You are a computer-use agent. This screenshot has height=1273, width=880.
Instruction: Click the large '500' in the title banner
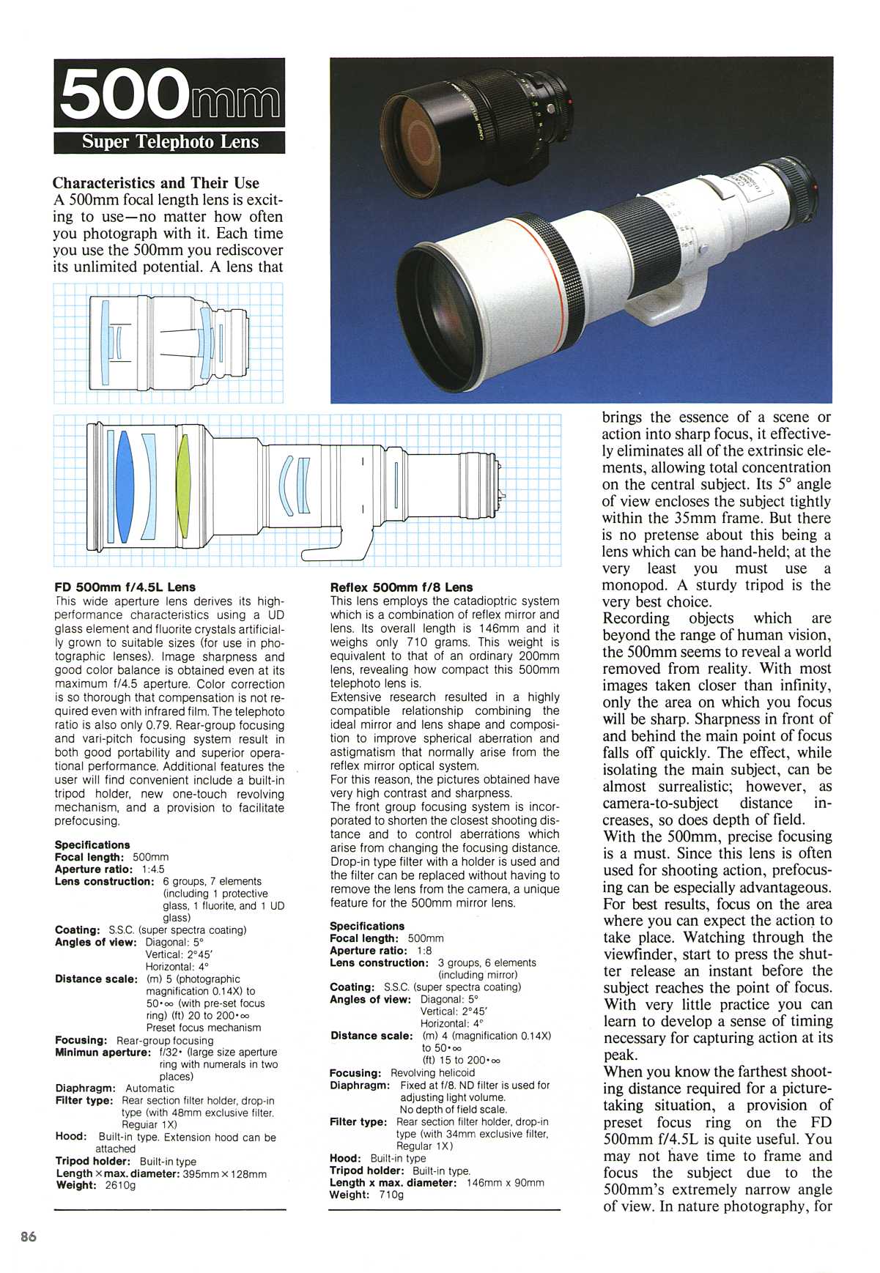(121, 94)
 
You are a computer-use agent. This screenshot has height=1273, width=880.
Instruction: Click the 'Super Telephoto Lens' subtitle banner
(170, 141)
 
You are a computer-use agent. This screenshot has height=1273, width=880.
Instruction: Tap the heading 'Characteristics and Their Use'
(156, 183)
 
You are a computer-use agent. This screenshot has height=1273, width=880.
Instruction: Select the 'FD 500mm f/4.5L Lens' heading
(125, 587)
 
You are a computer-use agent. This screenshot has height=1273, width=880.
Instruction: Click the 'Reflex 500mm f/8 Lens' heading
(402, 587)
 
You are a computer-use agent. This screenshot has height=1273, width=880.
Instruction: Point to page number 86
(29, 1237)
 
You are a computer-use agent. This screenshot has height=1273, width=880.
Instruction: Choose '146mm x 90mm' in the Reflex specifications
(505, 1182)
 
